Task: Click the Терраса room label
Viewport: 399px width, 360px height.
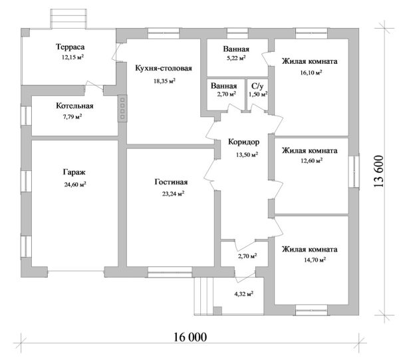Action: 70,48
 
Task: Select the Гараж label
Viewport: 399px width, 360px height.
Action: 74,172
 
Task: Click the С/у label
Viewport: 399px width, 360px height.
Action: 257,86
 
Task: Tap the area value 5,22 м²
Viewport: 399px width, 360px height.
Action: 236,59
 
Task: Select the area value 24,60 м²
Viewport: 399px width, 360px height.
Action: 75,184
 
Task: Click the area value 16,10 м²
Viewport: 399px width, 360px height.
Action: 311,73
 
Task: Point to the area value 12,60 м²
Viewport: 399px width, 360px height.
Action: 311,160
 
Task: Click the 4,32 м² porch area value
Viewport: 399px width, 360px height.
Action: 244,293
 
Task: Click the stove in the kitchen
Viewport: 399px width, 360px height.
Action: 122,108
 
